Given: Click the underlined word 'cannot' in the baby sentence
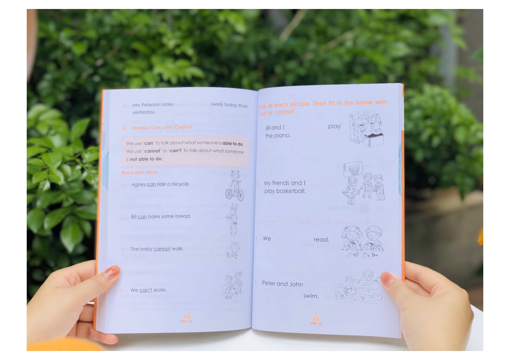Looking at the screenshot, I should pos(162,249).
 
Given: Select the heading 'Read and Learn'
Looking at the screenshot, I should pos(139,172).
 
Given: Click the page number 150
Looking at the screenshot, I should pos(187,316).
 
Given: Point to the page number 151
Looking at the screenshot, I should pos(316,318).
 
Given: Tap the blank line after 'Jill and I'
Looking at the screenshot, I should pos(306,128).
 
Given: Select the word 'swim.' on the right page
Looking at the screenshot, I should pos(311,296).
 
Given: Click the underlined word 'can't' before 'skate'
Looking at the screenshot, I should pos(146,290).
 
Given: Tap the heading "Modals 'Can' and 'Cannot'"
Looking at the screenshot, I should pos(162,127).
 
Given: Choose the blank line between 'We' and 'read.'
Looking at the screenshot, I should pos(292,240).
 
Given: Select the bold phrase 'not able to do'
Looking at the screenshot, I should pos(146,159).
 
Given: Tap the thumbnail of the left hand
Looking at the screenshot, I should pos(112,272).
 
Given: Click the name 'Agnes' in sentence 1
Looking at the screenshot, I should pos(138,184).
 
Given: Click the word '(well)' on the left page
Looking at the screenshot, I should pos(217,104).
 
